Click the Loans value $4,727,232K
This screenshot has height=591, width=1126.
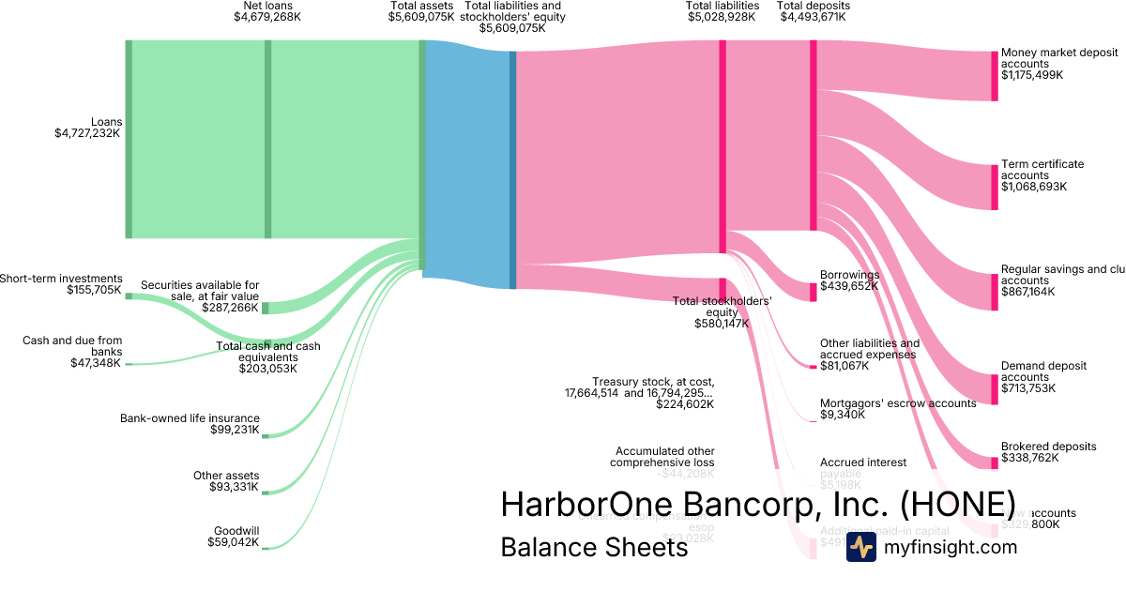(x=87, y=133)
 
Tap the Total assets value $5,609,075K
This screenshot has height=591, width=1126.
(x=421, y=17)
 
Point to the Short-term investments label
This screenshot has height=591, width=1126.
(x=61, y=279)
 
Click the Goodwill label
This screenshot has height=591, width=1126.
(x=236, y=530)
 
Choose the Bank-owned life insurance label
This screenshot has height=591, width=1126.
(x=190, y=418)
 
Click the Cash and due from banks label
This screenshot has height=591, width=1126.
(x=72, y=346)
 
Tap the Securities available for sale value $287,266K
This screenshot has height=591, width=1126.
(x=230, y=308)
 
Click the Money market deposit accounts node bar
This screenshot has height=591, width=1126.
(x=995, y=75)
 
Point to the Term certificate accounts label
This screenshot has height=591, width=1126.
(x=1042, y=170)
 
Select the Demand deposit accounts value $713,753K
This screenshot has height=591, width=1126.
(x=1028, y=388)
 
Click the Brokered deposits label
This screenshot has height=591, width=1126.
(x=1048, y=447)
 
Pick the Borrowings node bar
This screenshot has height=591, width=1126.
(x=814, y=291)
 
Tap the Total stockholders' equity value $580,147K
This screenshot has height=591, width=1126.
(x=722, y=324)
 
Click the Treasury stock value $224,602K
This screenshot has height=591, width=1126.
(x=685, y=404)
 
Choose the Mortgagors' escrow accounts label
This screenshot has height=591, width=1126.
(x=898, y=402)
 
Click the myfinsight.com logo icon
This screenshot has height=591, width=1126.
(x=860, y=548)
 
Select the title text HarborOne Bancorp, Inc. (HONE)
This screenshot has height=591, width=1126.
(x=757, y=504)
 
